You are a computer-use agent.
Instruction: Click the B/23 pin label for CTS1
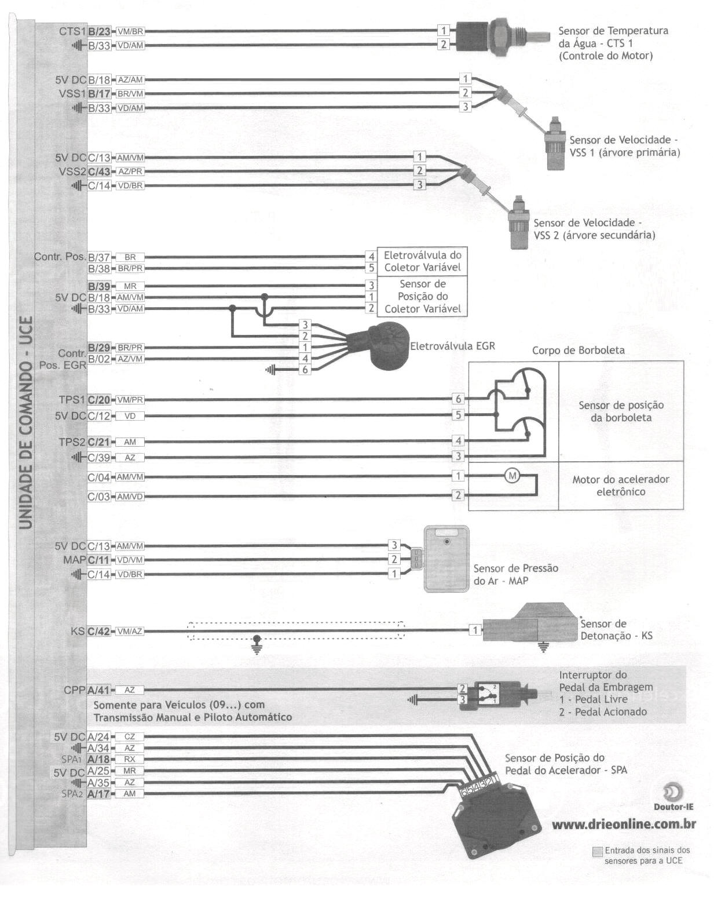tap(99, 31)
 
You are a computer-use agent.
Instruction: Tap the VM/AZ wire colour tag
tap(130, 631)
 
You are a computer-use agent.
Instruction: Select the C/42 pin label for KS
tap(98, 631)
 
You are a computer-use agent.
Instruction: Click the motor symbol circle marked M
tap(512, 476)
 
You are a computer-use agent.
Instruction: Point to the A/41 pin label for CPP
tap(98, 690)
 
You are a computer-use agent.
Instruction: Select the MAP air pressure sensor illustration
tap(446, 559)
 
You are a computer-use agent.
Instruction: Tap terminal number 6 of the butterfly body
tap(459, 399)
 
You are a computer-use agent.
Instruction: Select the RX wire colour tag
tap(130, 759)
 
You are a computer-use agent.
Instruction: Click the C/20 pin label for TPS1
tap(98, 400)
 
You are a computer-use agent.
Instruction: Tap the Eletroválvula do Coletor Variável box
tap(422, 261)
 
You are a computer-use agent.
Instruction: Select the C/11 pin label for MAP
tap(98, 560)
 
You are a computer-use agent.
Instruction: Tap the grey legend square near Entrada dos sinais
tap(597, 852)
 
